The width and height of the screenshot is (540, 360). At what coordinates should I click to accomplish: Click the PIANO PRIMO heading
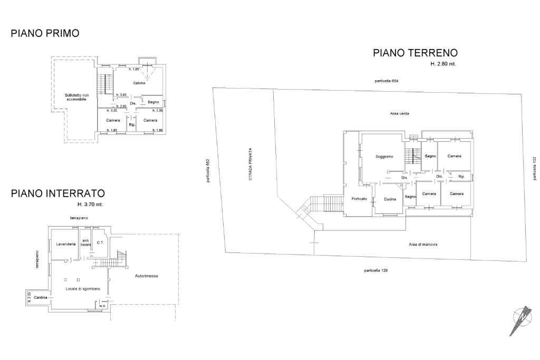pos(45,33)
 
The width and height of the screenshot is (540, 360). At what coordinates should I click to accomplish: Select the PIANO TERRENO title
pos(416,53)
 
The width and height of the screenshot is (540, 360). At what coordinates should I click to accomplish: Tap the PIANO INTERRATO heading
pos(58,193)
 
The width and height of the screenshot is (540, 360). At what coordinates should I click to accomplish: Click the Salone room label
pos(139,83)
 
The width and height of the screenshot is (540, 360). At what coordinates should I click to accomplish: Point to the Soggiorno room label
pos(384,157)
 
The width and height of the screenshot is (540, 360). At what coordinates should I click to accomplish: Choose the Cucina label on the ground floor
pos(390,199)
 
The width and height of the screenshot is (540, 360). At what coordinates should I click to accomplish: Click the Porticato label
pos(359,199)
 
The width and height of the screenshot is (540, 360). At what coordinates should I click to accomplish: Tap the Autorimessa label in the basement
pos(147,276)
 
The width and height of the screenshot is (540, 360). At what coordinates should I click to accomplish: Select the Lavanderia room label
pos(66,244)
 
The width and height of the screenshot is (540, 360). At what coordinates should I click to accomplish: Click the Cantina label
pos(40,297)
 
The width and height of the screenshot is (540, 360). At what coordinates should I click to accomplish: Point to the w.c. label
pos(102,306)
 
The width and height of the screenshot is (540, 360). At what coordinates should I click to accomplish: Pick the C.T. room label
pos(100,242)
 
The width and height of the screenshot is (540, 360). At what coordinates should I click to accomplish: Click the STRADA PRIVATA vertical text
pos(250,164)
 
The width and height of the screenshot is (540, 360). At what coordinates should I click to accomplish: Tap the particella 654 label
pos(387,81)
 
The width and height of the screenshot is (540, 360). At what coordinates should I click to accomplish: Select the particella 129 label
pos(375,270)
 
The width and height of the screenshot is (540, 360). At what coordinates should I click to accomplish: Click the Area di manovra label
pos(423,245)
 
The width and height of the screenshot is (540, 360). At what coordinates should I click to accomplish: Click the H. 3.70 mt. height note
pos(90,205)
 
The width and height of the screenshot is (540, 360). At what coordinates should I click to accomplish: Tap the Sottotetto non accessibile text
pos(76,97)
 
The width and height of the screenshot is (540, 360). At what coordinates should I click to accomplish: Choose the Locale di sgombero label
pos(83,289)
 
